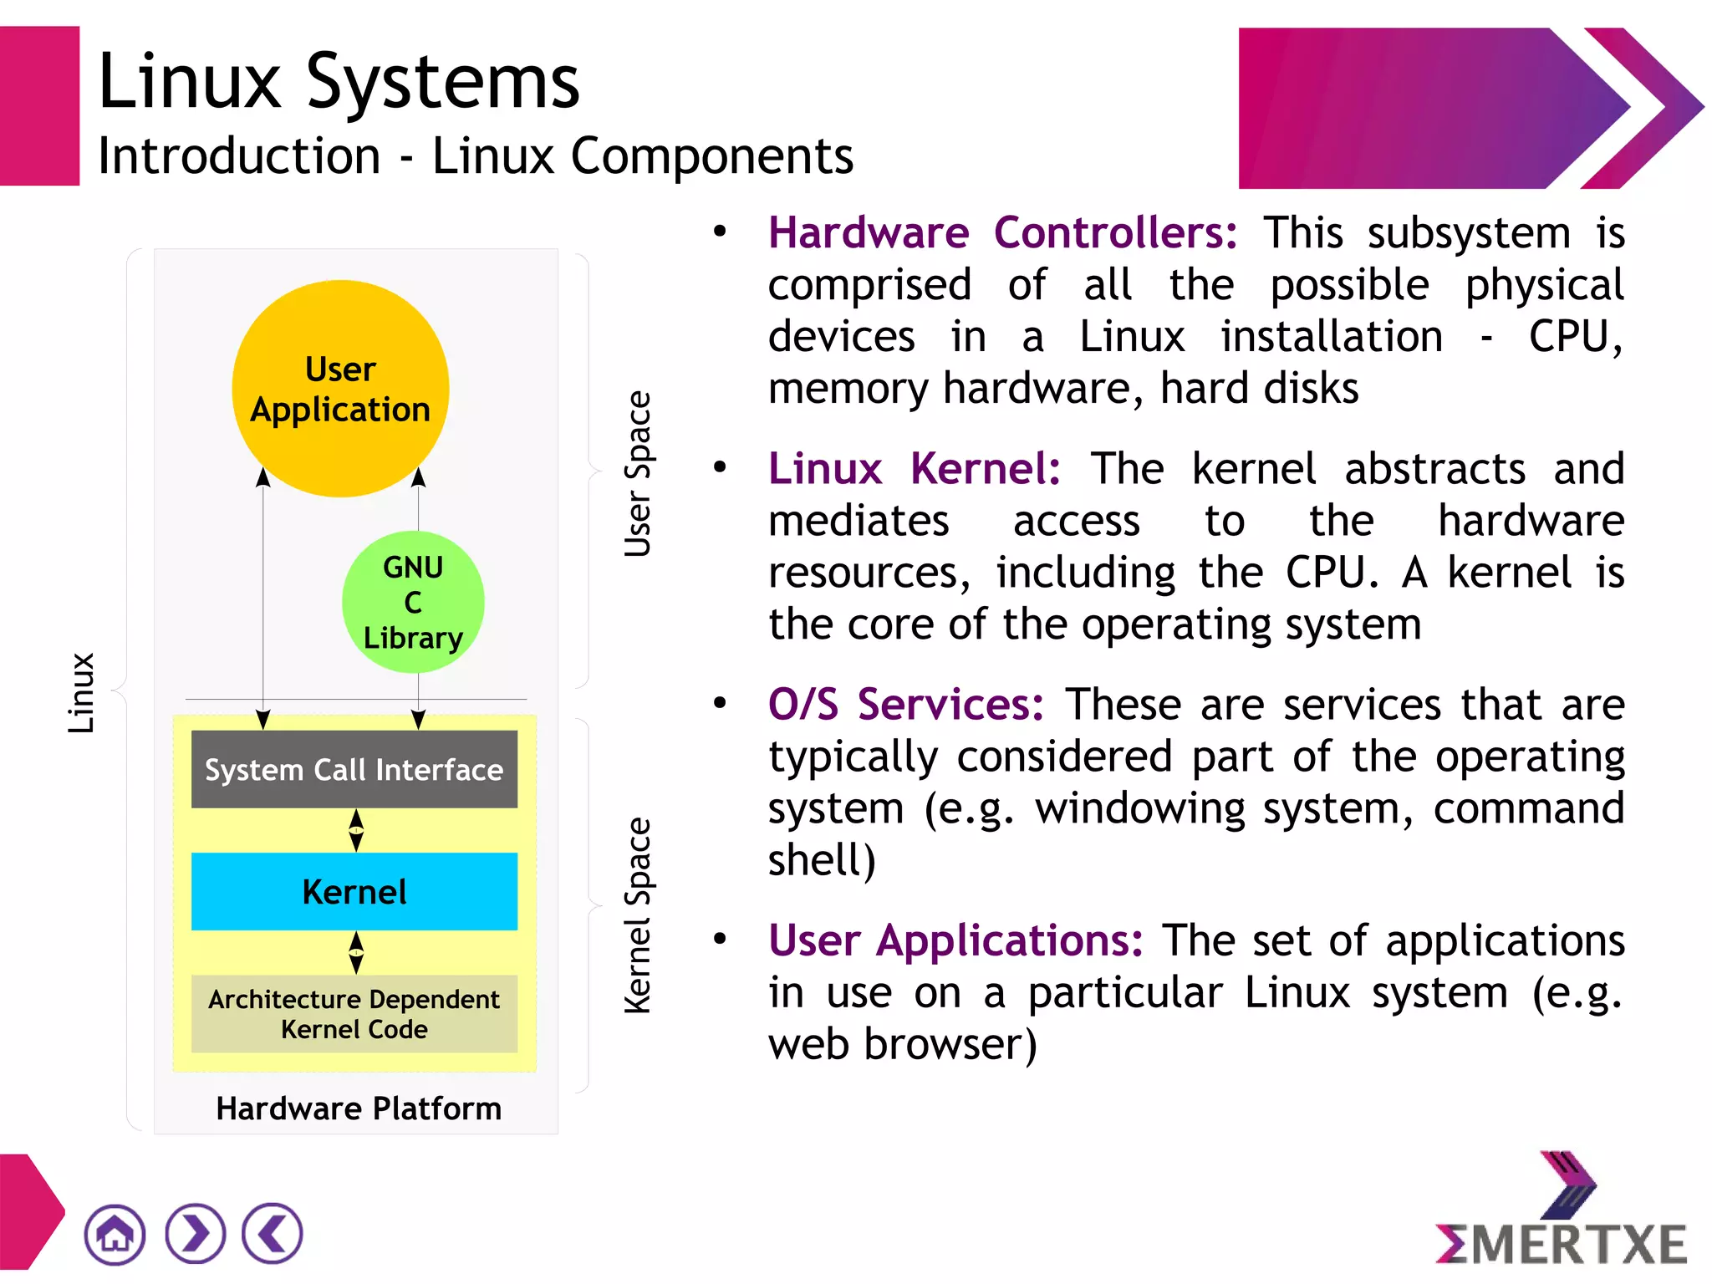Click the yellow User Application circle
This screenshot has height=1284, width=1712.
pyautogui.click(x=340, y=389)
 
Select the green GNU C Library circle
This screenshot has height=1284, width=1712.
pyautogui.click(x=413, y=602)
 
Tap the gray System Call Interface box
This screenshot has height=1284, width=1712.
pyautogui.click(x=354, y=769)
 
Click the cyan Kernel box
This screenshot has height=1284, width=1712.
pyautogui.click(x=354, y=891)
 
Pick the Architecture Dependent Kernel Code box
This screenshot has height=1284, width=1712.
pyautogui.click(x=354, y=1013)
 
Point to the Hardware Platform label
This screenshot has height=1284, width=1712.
pyautogui.click(x=359, y=1108)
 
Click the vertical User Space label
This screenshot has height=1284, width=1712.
pyautogui.click(x=638, y=473)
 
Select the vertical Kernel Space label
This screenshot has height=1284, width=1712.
pyautogui.click(x=638, y=915)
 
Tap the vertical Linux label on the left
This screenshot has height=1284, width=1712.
pyautogui.click(x=81, y=693)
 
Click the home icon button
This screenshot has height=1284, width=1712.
pyautogui.click(x=115, y=1234)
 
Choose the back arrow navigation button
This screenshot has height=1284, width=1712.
pyautogui.click(x=273, y=1234)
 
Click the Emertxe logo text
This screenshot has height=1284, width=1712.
pyautogui.click(x=1562, y=1244)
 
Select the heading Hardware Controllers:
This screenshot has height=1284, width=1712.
pyautogui.click(x=1002, y=232)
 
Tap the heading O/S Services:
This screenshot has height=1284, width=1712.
pyautogui.click(x=906, y=704)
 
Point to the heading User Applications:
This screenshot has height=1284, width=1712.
pyautogui.click(x=955, y=940)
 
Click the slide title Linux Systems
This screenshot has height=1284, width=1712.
pyautogui.click(x=339, y=81)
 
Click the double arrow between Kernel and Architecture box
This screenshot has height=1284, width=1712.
pyautogui.click(x=356, y=952)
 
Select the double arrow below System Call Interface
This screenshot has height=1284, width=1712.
pyautogui.click(x=356, y=830)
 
